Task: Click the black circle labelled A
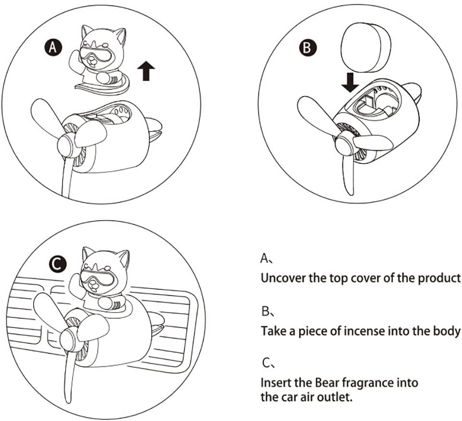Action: point(53,47)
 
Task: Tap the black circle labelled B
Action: point(307,48)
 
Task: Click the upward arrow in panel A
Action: point(146,71)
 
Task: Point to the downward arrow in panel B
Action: point(350,82)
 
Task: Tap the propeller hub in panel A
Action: point(66,145)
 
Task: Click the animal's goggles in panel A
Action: point(97,53)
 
